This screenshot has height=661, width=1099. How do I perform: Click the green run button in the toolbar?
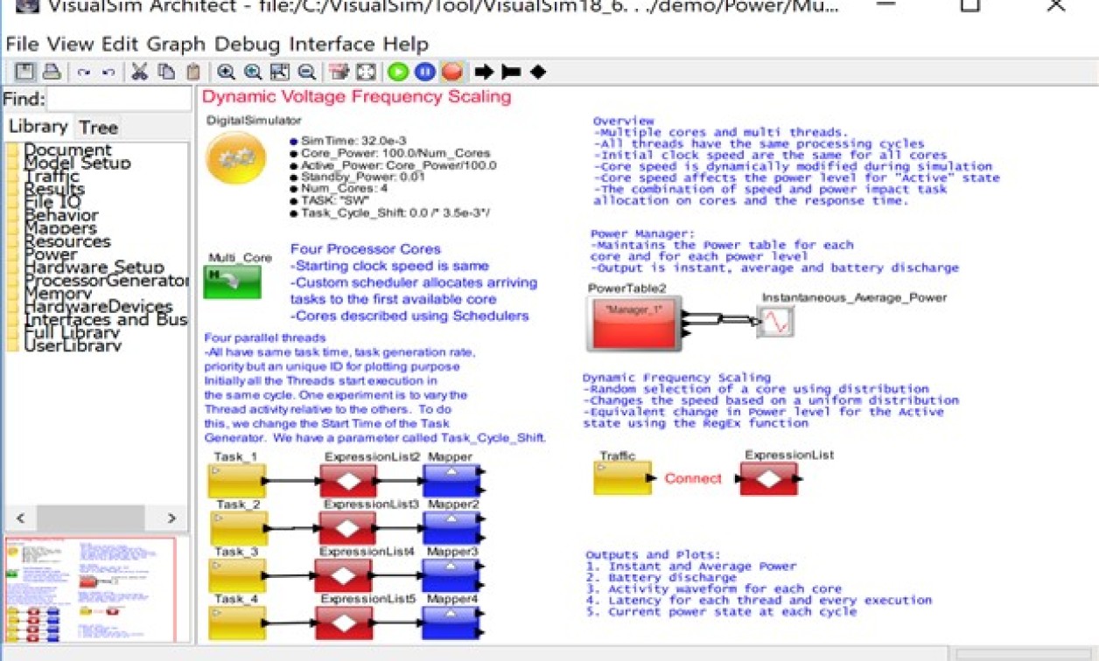(x=398, y=73)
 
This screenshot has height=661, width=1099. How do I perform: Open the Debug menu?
(x=248, y=44)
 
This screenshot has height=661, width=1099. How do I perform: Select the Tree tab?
(x=98, y=128)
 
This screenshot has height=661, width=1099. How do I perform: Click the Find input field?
(x=118, y=100)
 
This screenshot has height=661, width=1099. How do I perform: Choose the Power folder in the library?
(x=51, y=254)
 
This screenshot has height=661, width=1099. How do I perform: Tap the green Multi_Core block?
(x=232, y=282)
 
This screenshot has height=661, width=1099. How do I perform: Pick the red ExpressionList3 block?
(x=346, y=528)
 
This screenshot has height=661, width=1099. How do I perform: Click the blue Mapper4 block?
(x=451, y=623)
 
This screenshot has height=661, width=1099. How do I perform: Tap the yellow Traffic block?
(x=622, y=478)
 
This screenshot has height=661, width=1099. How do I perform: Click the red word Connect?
(x=693, y=478)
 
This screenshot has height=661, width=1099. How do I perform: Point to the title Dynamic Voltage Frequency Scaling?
(x=356, y=96)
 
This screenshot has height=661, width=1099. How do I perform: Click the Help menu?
(x=406, y=44)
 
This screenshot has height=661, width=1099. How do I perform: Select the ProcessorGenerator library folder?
(x=105, y=281)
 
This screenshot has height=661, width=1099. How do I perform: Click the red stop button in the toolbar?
(x=451, y=73)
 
